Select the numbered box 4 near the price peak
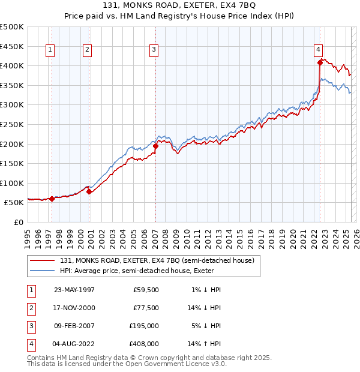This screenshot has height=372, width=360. coord(318,50)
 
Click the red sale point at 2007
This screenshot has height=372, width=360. coord(155,145)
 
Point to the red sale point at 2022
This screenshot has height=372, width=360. coord(320,62)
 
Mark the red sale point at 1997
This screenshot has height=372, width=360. coord(52,199)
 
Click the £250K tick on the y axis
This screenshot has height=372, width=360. coord(12,124)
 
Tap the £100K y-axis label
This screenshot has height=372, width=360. coord(12,183)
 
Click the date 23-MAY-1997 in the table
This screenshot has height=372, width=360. coord(74,290)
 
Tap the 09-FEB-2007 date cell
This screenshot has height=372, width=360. coord(74,326)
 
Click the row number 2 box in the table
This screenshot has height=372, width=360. coord(31,308)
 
